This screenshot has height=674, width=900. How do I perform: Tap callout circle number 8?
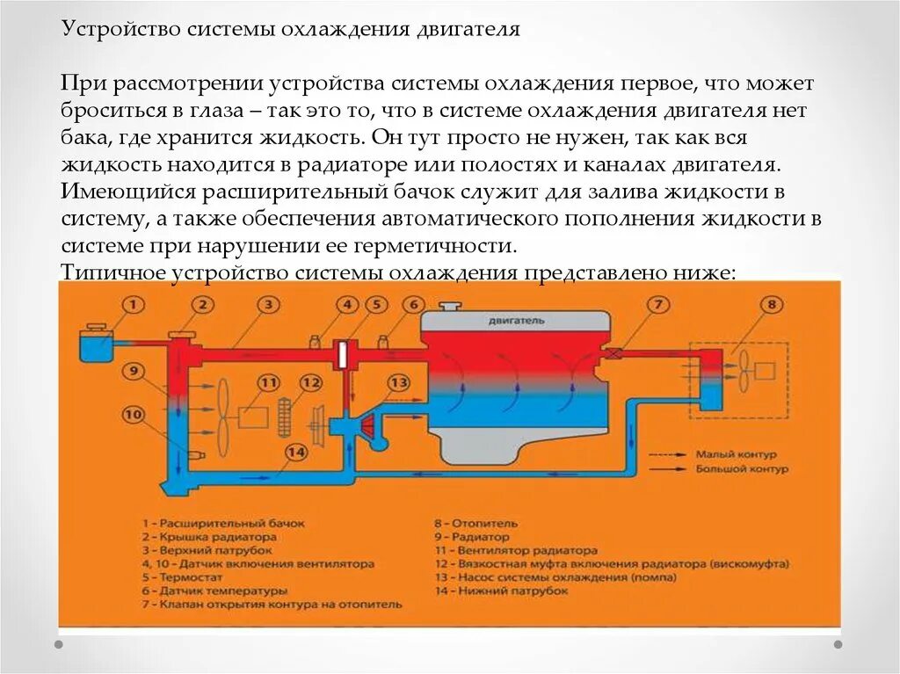click(771, 305)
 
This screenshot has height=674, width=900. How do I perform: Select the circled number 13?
click(398, 382)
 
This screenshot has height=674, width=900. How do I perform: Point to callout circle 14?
click(295, 452)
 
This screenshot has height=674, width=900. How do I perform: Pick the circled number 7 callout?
click(657, 305)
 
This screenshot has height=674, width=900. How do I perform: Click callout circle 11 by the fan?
click(268, 382)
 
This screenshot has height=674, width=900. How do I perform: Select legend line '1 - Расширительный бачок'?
click(223, 523)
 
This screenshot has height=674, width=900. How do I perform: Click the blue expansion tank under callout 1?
click(94, 347)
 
